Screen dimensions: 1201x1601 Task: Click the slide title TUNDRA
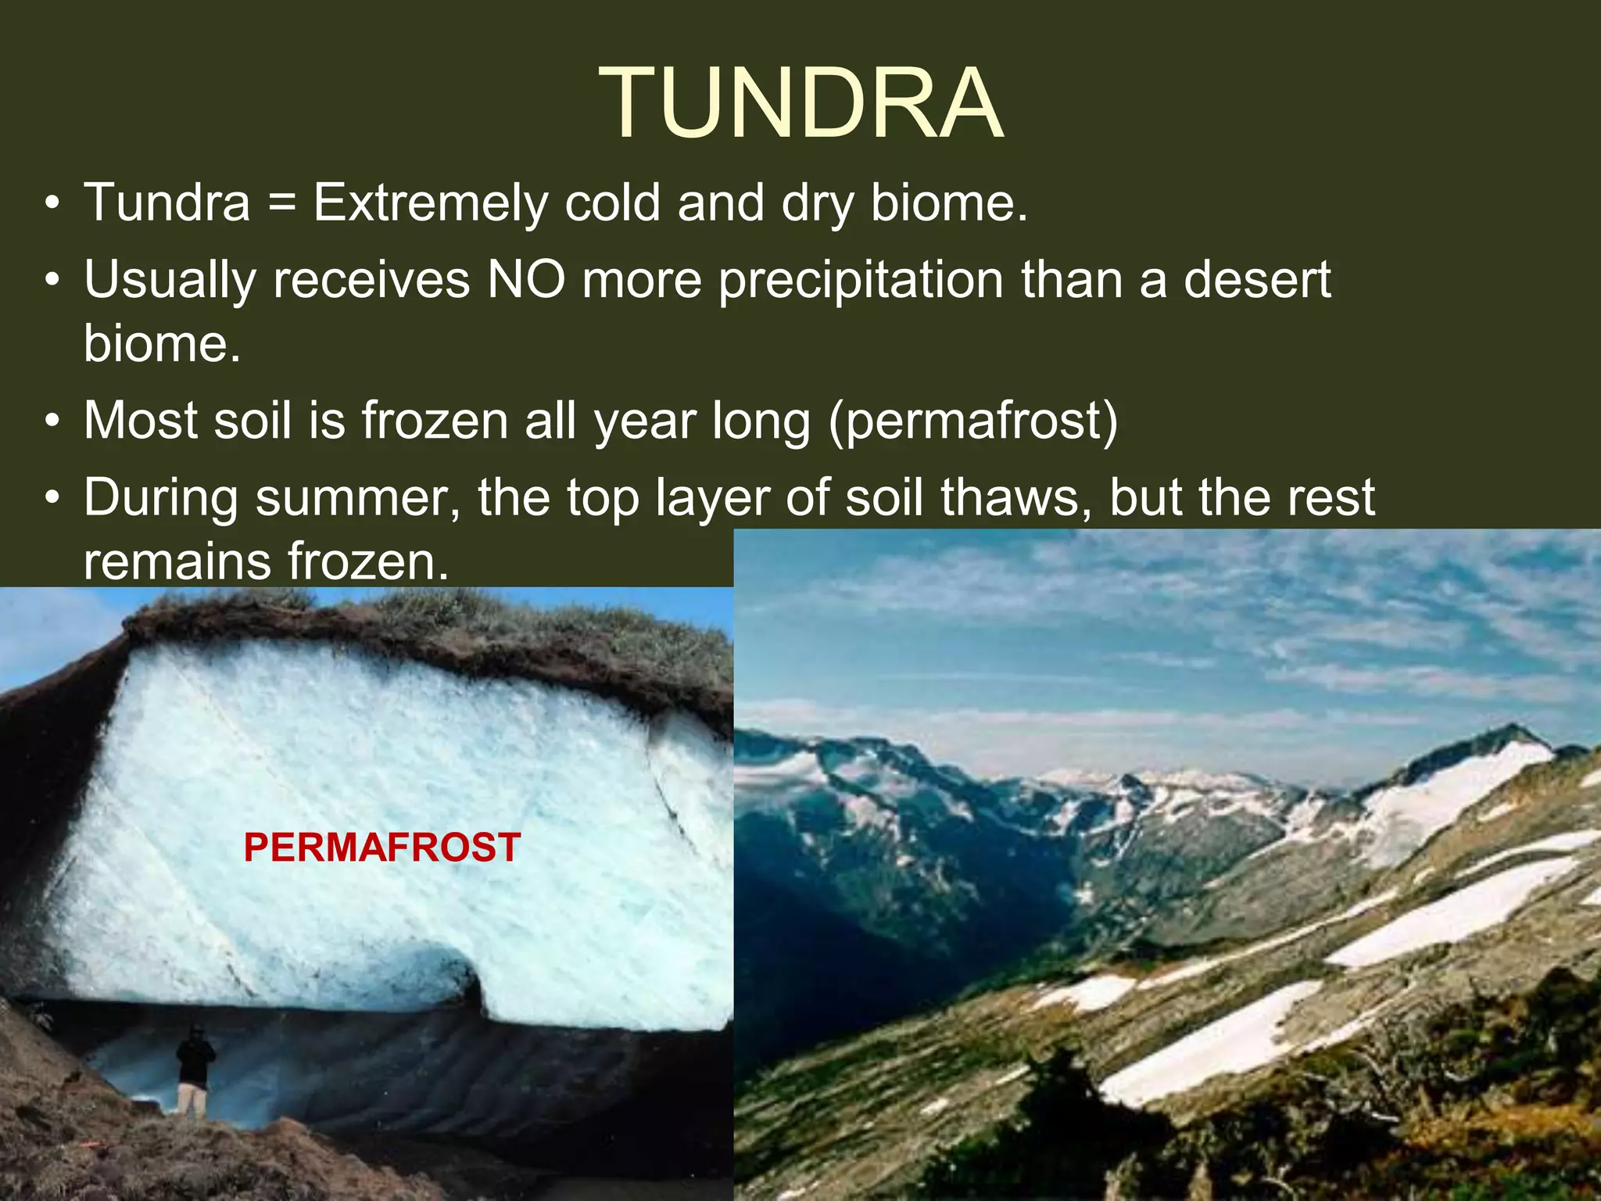(x=800, y=103)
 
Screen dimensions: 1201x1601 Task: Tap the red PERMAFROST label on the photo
(x=381, y=848)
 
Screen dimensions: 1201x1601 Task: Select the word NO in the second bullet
(x=525, y=279)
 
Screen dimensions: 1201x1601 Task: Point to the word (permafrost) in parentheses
(x=973, y=421)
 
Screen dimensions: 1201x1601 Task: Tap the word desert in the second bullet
(x=1256, y=279)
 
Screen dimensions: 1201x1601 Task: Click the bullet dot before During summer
(x=52, y=499)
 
